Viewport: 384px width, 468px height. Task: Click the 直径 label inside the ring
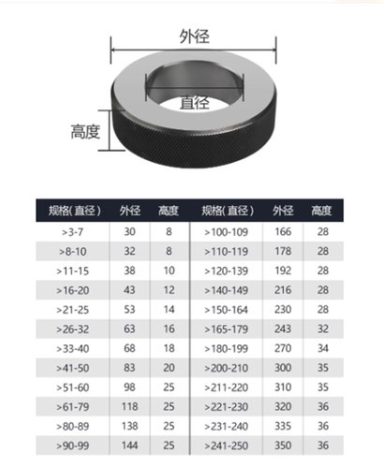[x=194, y=101]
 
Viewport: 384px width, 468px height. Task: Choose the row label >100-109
[x=228, y=230]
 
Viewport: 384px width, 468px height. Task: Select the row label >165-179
[x=228, y=329]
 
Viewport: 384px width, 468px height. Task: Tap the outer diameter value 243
[x=282, y=329]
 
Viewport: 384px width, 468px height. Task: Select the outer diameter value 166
[x=282, y=230]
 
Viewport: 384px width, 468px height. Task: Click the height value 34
[x=322, y=348]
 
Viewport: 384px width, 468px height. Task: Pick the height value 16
[x=169, y=329]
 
